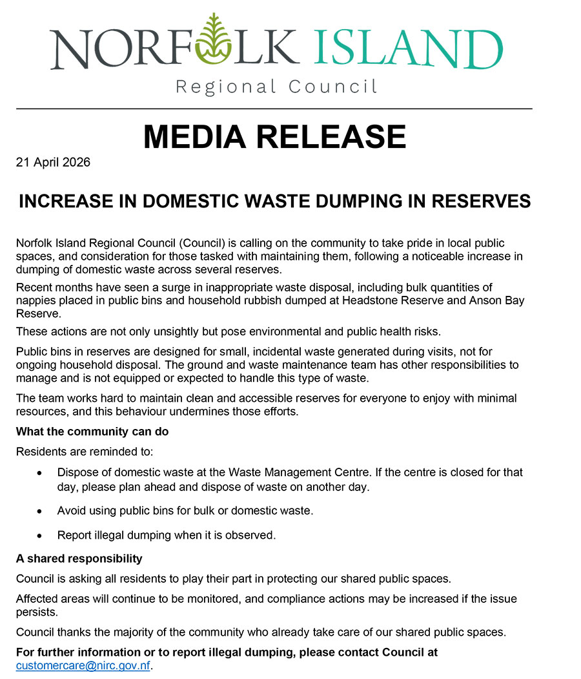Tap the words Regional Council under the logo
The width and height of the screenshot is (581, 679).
pos(276,87)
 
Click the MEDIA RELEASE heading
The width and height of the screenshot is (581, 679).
pos(274,136)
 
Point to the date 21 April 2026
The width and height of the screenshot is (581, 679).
pos(53,162)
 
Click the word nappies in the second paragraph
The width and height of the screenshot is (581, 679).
pos(35,300)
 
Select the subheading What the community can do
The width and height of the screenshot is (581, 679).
pos(92,431)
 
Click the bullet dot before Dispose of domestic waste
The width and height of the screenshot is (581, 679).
pos(41,474)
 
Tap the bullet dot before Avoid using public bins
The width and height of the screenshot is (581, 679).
pos(41,511)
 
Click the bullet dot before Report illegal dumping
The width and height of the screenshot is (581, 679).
pos(41,536)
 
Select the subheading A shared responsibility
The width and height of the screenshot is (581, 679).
pos(79,558)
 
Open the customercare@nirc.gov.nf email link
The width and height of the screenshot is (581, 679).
pos(82,665)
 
